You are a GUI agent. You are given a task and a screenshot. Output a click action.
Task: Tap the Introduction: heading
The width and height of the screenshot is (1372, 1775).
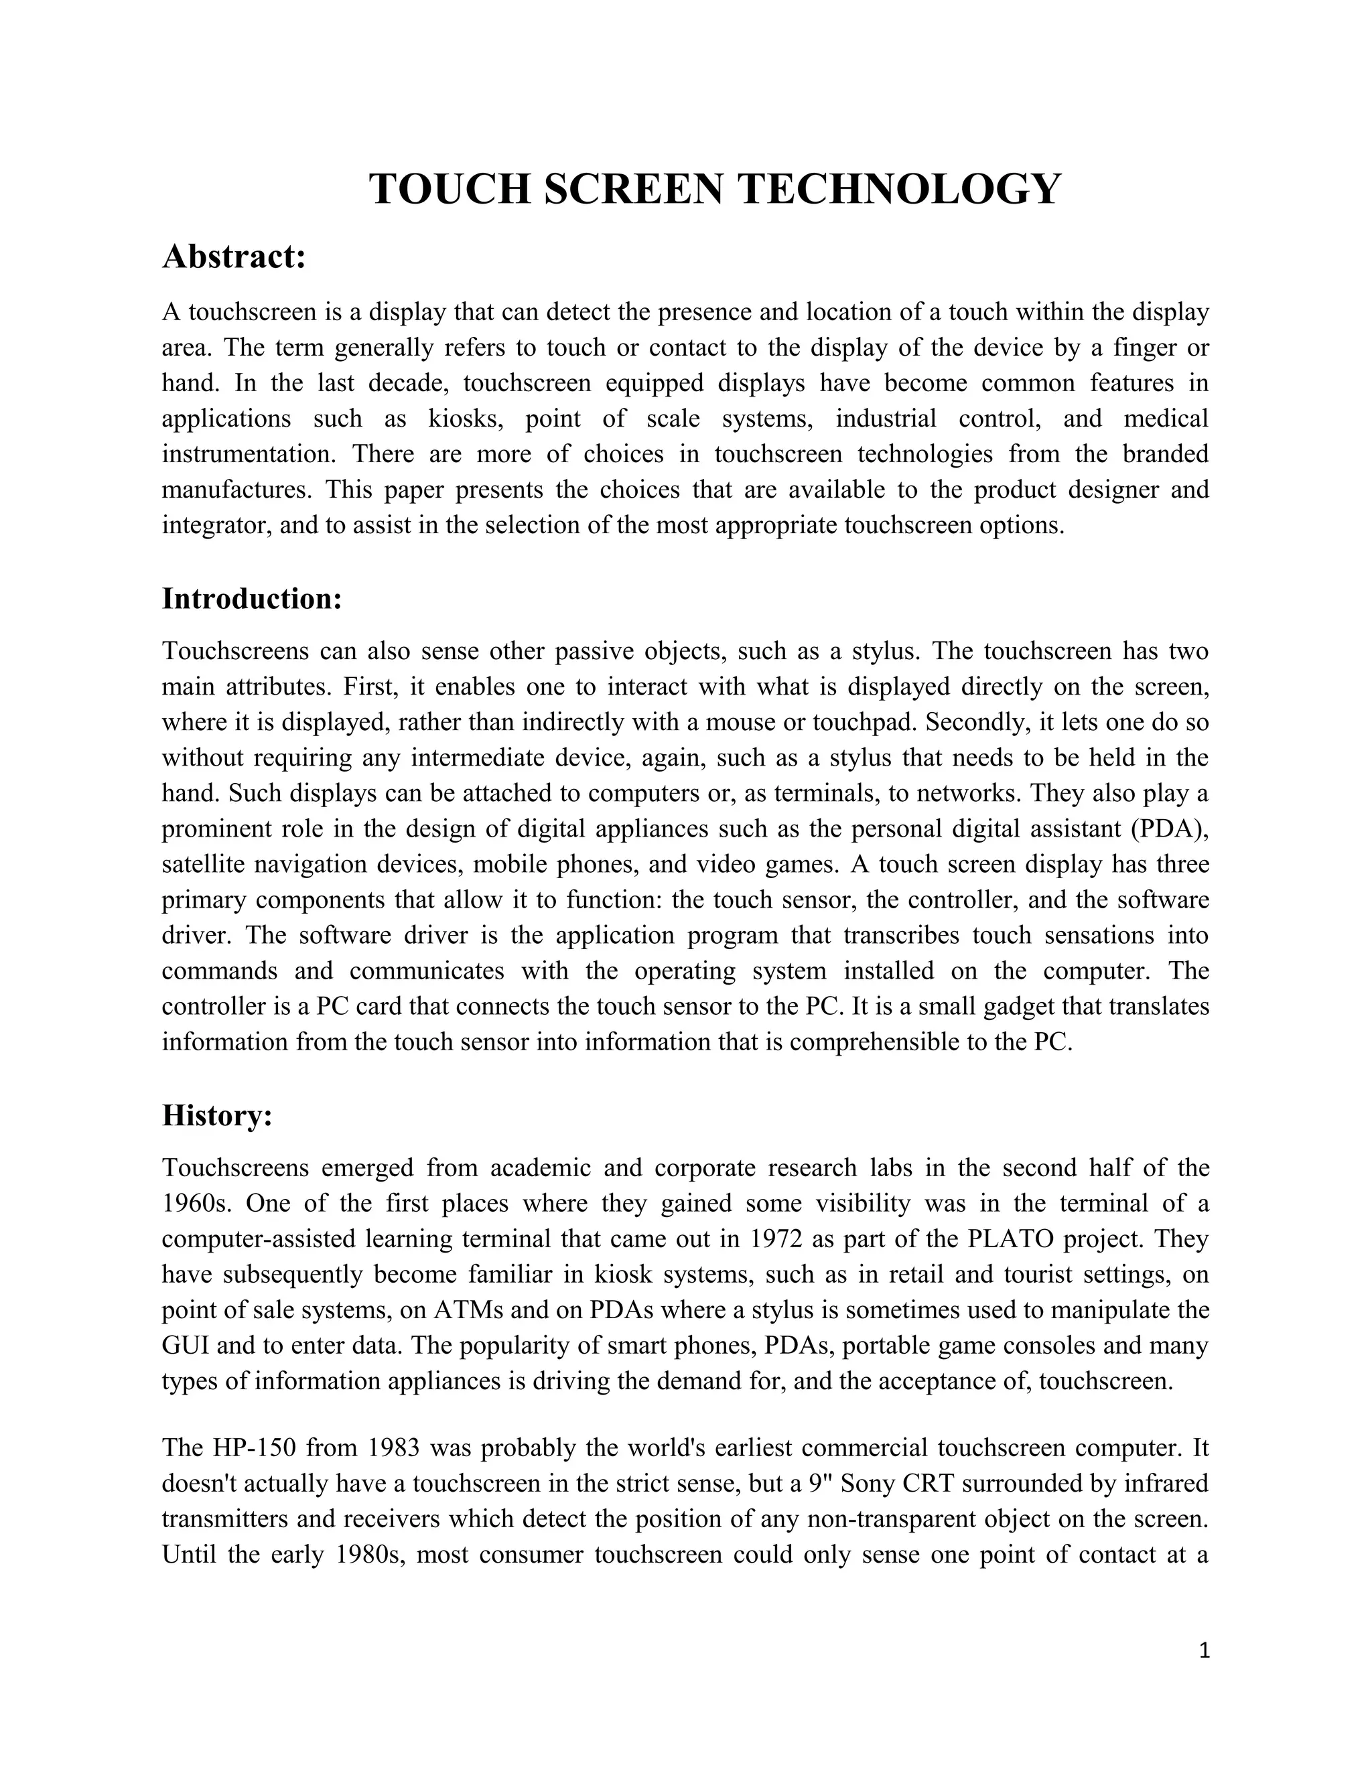pyautogui.click(x=252, y=599)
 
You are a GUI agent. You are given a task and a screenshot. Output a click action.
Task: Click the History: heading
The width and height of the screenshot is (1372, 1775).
pyautogui.click(x=216, y=1116)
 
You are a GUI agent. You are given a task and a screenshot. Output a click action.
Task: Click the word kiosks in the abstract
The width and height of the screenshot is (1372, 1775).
pyautogui.click(x=460, y=419)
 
